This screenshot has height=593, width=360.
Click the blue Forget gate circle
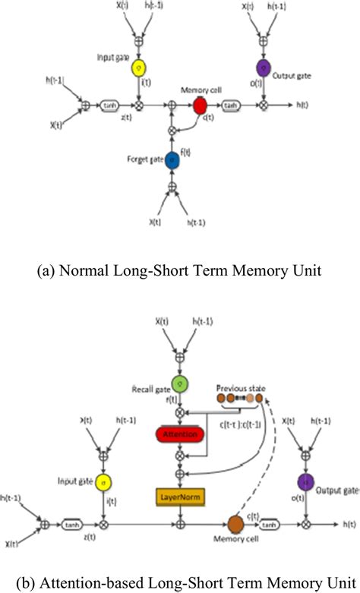click(x=172, y=160)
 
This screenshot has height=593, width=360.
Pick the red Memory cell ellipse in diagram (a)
click(x=200, y=105)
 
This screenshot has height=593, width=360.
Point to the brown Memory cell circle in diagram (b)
click(x=235, y=524)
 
